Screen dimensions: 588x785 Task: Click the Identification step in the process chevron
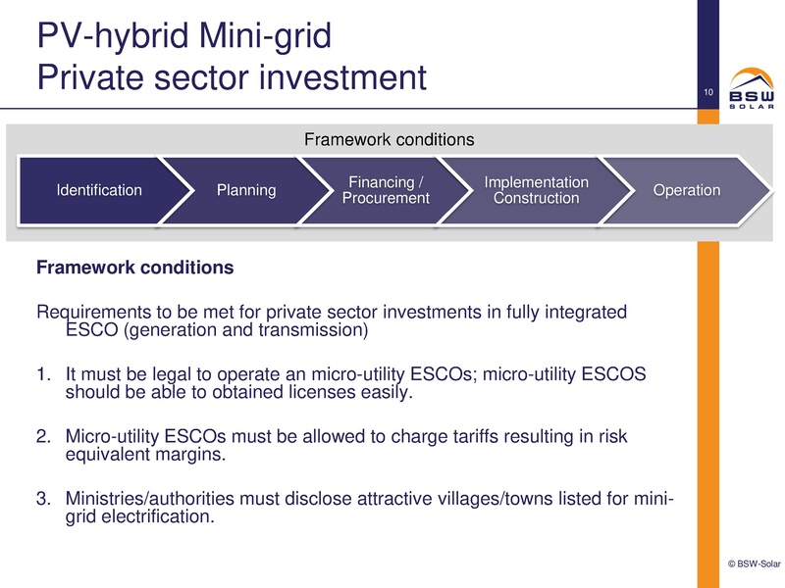pos(98,190)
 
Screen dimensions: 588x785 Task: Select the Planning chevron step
pos(246,190)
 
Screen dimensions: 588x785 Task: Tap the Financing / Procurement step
pos(386,190)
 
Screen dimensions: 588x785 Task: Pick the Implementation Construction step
pos(537,190)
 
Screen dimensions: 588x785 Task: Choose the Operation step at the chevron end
pos(687,190)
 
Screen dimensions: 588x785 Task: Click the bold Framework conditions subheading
pos(134,267)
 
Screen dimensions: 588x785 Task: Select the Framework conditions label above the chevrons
pos(391,139)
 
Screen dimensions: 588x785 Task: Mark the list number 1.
pos(42,376)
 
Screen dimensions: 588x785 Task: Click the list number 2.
pos(42,437)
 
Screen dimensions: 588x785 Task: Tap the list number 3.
pos(42,499)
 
